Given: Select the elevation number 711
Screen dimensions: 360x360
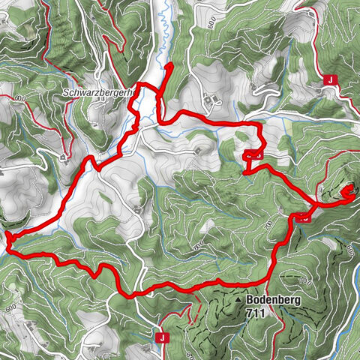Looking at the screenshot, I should (x=256, y=313).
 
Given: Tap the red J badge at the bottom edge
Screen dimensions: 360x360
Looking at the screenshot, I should (x=161, y=337).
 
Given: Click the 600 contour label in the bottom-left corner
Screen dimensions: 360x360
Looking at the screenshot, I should (x=11, y=308).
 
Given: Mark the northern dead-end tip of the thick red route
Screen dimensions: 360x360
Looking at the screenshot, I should (x=169, y=66).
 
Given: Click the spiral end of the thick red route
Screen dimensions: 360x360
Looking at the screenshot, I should (x=347, y=193).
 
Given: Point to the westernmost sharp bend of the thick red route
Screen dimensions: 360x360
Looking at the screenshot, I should (x=7, y=238).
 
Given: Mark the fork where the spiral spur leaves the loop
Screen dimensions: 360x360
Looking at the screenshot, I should (x=316, y=203).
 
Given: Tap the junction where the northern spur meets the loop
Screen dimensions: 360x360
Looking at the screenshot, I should (x=158, y=91).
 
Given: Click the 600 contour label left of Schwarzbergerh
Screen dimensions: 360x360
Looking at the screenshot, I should (x=19, y=98).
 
